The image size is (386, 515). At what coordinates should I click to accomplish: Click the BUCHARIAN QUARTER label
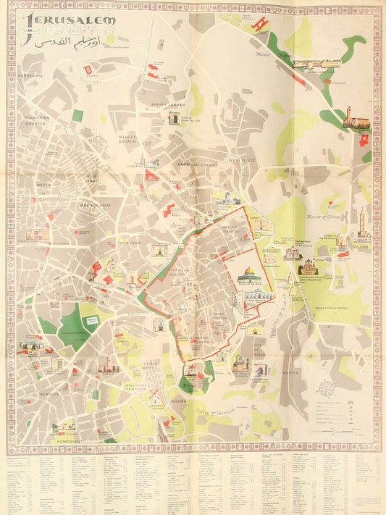pos(35,121)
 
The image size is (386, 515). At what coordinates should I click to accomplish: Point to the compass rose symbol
pos(327,388)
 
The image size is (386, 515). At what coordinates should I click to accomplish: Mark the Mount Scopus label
pos(257,54)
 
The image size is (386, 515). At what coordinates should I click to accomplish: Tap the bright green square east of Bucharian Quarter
pos(77,115)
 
